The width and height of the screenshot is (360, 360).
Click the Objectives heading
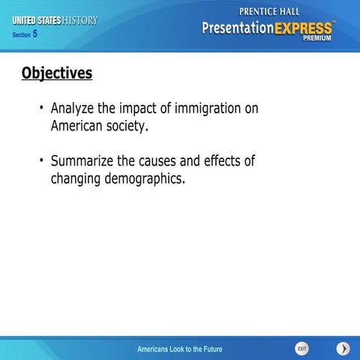(57, 73)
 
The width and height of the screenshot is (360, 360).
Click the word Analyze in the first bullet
(73, 109)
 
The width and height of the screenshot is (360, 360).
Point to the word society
(130, 127)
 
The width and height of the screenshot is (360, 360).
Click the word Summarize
(82, 161)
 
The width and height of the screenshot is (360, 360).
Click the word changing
(76, 179)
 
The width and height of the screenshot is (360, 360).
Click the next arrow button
(343, 349)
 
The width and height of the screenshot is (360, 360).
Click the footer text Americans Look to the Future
(179, 349)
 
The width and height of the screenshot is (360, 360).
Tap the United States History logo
(54, 20)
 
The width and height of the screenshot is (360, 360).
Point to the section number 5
(34, 34)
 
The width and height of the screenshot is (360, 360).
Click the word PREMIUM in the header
(317, 38)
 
